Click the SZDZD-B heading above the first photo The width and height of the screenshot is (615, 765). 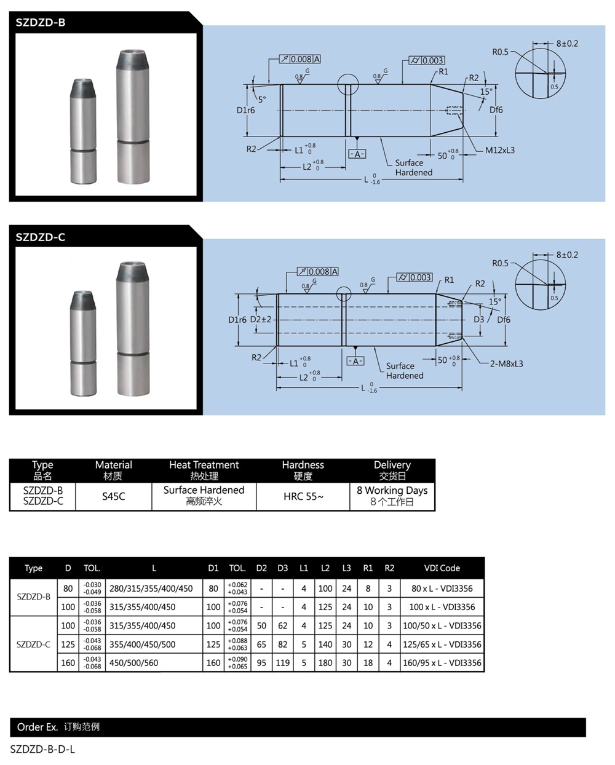41,23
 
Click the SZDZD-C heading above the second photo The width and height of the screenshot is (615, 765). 41,237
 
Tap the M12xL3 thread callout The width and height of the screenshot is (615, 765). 499,150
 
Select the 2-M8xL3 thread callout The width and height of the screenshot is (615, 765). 506,363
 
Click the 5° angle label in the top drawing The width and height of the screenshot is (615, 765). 262,99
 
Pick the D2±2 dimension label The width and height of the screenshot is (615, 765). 261,320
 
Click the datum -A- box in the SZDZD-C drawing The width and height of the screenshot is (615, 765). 355,361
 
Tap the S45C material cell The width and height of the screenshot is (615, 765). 114,496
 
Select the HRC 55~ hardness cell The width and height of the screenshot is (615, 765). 303,496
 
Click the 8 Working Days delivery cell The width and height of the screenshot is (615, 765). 392,496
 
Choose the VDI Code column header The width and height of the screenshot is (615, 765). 442,568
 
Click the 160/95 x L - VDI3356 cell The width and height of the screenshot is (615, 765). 442,663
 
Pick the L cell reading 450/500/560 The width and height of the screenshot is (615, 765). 133,663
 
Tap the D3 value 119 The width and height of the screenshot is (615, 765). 282,663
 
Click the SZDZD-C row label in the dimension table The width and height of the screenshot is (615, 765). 33,644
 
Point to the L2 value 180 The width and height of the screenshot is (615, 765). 325,663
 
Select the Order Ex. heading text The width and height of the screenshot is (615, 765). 38,727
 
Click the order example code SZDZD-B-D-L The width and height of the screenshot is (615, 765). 42,749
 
